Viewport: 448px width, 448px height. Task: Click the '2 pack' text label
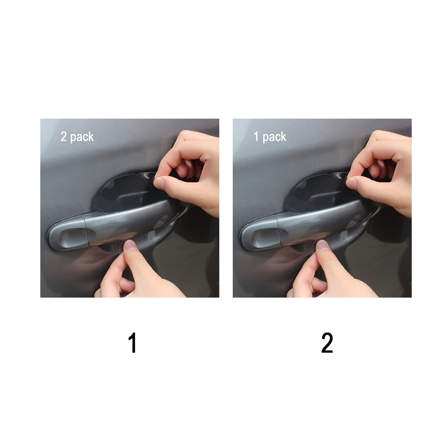[77, 137]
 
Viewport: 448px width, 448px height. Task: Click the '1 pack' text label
[270, 137]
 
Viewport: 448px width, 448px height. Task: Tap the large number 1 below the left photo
[132, 344]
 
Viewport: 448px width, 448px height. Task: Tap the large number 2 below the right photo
[327, 344]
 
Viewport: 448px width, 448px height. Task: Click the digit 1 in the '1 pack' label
[256, 137]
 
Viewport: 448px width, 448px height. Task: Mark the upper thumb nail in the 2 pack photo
[159, 182]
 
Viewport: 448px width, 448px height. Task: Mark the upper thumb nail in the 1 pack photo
[352, 182]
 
